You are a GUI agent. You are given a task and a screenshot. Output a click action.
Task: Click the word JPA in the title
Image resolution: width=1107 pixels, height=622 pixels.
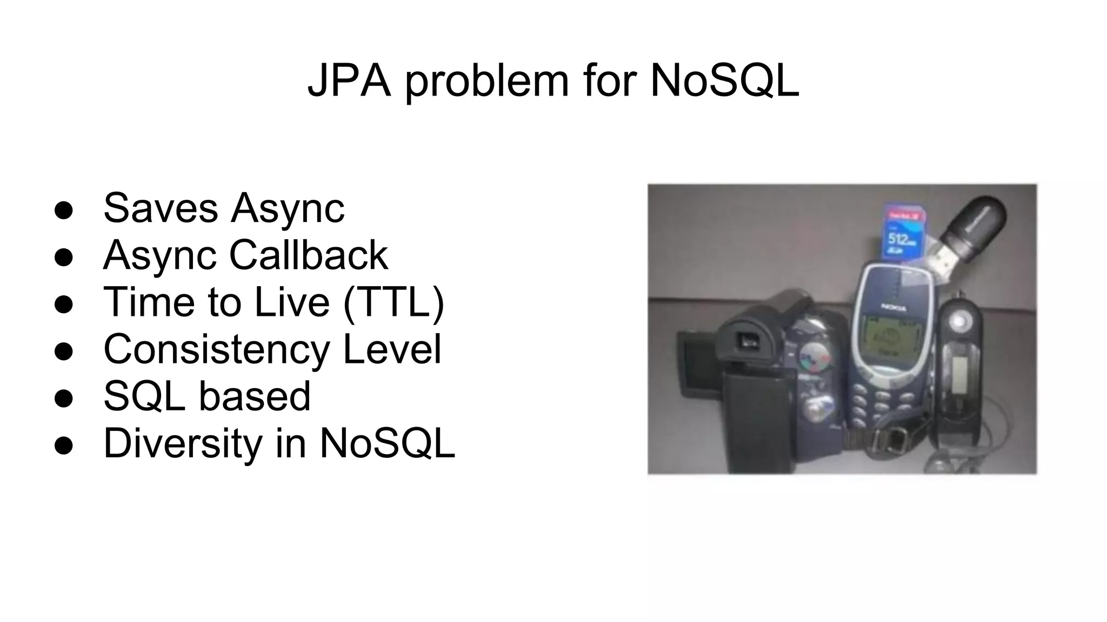point(349,81)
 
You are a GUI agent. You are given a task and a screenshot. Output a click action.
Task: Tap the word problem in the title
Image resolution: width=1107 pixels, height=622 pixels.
point(486,82)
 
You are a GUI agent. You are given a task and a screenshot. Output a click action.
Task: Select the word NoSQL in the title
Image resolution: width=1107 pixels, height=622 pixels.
point(724,81)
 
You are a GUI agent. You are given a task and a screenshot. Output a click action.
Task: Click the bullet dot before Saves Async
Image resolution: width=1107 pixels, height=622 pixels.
point(64,211)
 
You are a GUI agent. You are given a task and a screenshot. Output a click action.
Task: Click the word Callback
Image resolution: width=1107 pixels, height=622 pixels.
point(309,255)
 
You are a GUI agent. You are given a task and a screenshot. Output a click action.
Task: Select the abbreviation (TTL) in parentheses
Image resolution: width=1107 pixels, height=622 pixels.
point(394,302)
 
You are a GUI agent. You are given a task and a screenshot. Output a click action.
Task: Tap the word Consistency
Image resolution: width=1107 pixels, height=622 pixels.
point(216,350)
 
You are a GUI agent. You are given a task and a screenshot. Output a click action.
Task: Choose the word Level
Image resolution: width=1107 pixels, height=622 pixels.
point(392,349)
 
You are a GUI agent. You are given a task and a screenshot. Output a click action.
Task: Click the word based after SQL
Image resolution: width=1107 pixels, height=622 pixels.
point(255,396)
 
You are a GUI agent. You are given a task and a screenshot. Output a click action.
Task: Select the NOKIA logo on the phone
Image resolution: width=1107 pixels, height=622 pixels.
point(895,306)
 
